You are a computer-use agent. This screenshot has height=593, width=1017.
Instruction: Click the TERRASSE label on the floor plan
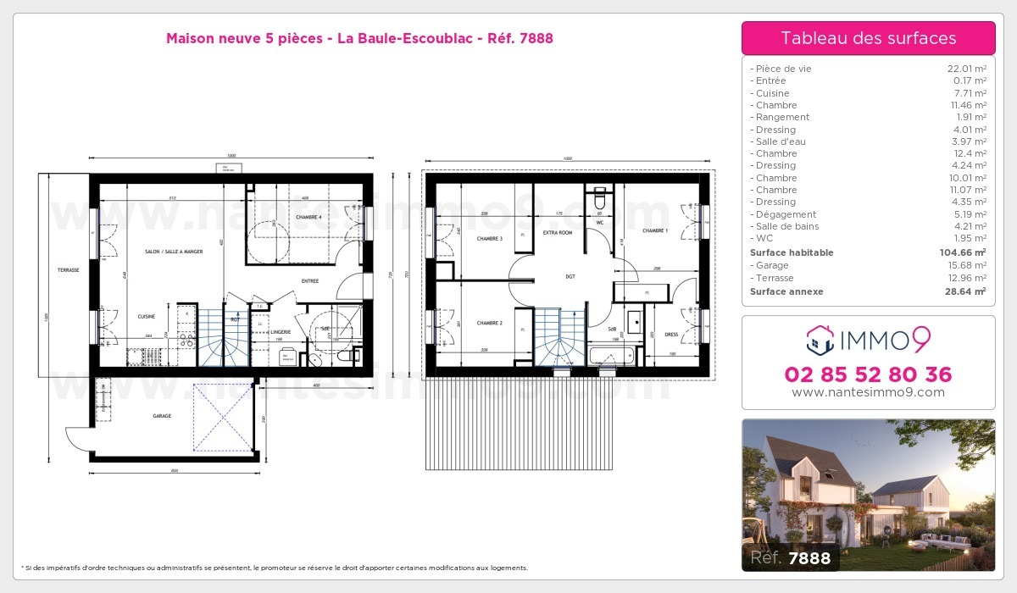[68, 270]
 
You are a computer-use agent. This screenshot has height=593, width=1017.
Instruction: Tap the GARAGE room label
[162, 416]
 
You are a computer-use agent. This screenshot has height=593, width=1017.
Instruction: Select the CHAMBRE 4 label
[308, 218]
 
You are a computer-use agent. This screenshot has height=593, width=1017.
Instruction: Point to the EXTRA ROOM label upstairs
[558, 231]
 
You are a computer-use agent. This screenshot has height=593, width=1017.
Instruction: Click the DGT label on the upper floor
[570, 275]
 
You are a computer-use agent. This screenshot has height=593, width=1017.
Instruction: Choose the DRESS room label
[671, 334]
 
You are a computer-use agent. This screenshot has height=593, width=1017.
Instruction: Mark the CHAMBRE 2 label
[489, 323]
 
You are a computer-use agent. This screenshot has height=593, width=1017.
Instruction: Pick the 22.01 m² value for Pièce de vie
[966, 69]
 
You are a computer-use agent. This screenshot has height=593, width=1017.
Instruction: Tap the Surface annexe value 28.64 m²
[964, 291]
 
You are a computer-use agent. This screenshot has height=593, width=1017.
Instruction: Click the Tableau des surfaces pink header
[868, 38]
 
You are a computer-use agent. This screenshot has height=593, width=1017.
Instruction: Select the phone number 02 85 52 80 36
[868, 374]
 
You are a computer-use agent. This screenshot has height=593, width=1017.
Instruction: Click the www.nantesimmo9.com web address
[868, 392]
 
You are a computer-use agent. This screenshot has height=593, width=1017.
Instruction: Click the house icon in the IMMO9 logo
[820, 339]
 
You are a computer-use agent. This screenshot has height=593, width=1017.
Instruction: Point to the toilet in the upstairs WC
[600, 200]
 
